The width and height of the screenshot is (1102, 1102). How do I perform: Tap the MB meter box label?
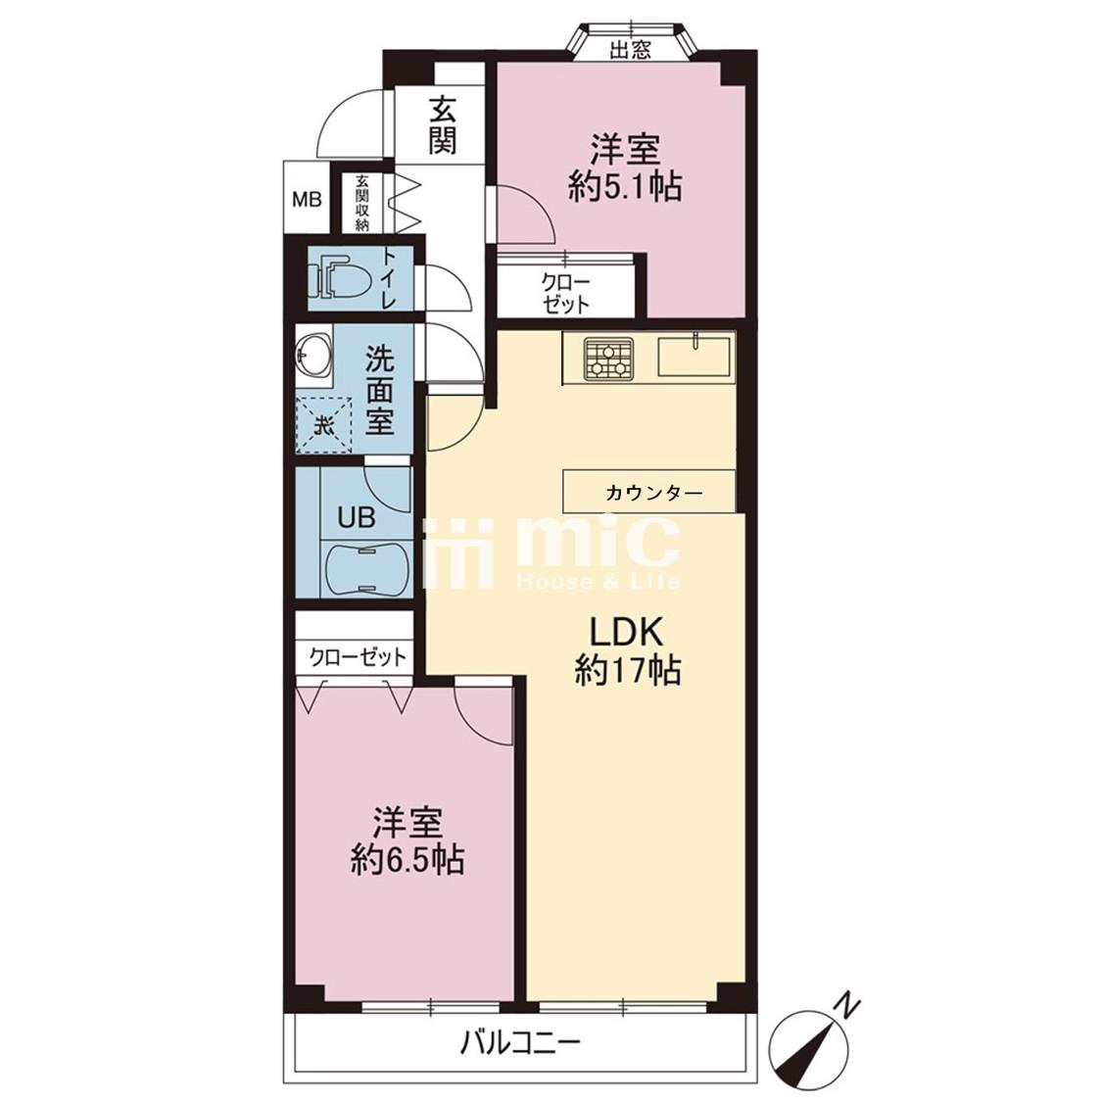tap(308, 200)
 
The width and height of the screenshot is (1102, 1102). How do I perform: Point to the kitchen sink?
tap(694, 357)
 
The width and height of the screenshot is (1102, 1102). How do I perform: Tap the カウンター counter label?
tap(653, 493)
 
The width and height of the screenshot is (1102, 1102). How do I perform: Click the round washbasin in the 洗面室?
tap(313, 352)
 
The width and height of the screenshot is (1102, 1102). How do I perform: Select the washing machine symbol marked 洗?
tap(323, 425)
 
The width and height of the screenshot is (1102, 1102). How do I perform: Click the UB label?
tap(357, 518)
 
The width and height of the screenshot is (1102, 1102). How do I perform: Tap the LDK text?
tap(626, 633)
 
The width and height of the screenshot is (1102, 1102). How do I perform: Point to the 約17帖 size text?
tap(628, 670)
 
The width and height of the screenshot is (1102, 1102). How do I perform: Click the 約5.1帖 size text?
tap(625, 187)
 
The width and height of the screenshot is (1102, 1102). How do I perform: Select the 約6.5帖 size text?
tap(407, 859)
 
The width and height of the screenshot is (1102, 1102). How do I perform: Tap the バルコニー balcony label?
tap(521, 1043)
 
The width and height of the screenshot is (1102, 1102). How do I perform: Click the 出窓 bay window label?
tap(631, 49)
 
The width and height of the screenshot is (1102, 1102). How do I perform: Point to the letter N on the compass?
tap(849, 1007)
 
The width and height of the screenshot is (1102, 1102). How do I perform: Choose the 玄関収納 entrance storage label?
tap(362, 203)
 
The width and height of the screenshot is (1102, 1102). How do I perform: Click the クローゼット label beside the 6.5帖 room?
tap(359, 658)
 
